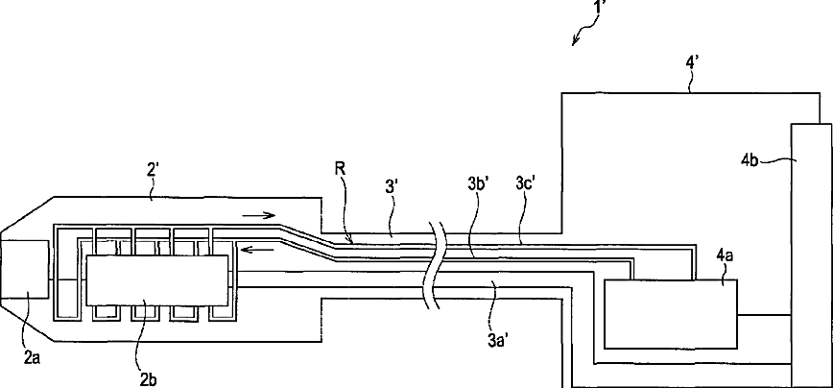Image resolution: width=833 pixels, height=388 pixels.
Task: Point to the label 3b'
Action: click(472, 206)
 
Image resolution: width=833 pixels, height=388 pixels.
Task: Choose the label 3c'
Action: click(526, 206)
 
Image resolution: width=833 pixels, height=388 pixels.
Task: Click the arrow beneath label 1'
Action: click(579, 38)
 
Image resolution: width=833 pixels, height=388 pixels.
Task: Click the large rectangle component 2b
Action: click(158, 279)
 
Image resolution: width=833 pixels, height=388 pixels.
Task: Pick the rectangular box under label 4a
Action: click(671, 312)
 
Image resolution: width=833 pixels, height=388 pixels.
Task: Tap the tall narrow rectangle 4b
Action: click(810, 254)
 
